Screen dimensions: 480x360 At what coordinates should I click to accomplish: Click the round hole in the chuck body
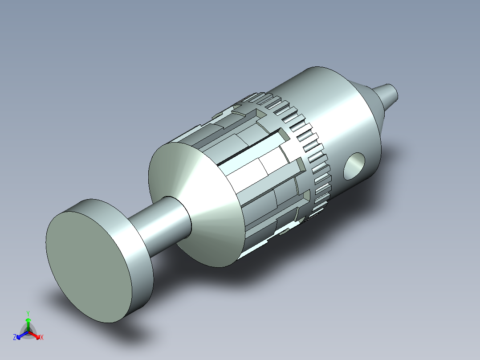coord(354,166)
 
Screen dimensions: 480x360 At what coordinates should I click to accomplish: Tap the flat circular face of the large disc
coord(89,266)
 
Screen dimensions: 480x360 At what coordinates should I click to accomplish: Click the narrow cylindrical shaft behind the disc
coord(159,223)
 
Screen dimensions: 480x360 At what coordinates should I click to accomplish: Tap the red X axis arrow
coord(35,335)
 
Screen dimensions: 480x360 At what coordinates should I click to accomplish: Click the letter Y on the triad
coord(28,314)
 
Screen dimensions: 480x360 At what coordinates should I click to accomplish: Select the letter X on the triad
coord(42,337)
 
